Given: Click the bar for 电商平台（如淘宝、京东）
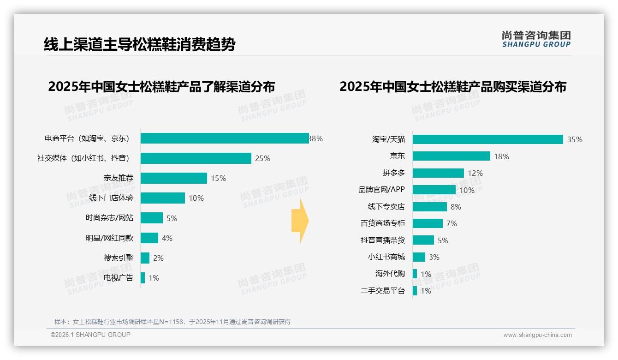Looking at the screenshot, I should tap(225, 138).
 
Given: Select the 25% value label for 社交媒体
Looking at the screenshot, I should tap(262, 158).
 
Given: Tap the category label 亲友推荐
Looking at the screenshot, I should tap(119, 178).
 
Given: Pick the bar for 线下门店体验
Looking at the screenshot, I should tap(163, 198).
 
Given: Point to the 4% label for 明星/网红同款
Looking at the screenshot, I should tap(167, 238).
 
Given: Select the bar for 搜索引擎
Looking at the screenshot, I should tap(145, 258).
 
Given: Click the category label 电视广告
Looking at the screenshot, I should tap(119, 278).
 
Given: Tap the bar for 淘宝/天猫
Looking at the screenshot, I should tap(487, 139).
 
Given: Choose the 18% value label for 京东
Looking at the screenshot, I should tap(501, 156).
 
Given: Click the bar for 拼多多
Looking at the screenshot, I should tap(438, 173).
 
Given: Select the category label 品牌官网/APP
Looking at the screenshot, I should tap(381, 190).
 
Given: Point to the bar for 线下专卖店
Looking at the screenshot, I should tap(430, 207).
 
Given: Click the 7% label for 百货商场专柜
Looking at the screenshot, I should tap(452, 223).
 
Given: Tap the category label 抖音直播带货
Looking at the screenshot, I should tap(382, 240).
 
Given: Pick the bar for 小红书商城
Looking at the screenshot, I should tap(419, 257).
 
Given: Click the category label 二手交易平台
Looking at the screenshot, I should tap(382, 291).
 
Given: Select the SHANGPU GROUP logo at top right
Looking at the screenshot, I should tap(536, 39).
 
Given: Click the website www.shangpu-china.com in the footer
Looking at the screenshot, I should tap(537, 335).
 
